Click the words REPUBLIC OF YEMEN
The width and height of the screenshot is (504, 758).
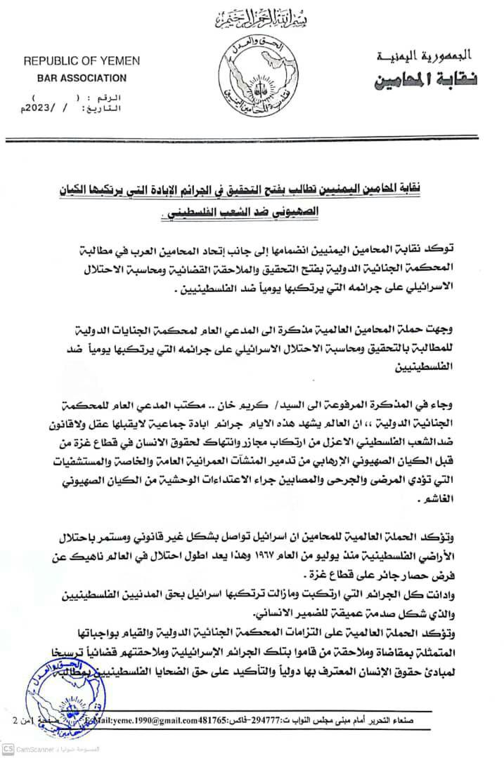click(x=82, y=62)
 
